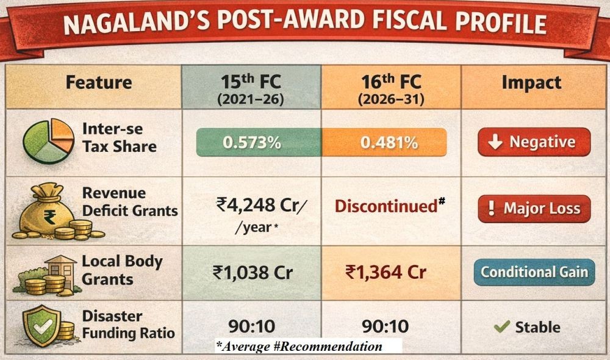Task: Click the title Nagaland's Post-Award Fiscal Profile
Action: pyautogui.click(x=305, y=26)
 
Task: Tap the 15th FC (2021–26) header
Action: pyautogui.click(x=250, y=88)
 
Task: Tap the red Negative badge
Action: pyautogui.click(x=534, y=142)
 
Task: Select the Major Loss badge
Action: pyautogui.click(x=534, y=209)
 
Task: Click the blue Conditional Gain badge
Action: pyautogui.click(x=534, y=272)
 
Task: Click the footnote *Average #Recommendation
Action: pyautogui.click(x=299, y=347)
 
